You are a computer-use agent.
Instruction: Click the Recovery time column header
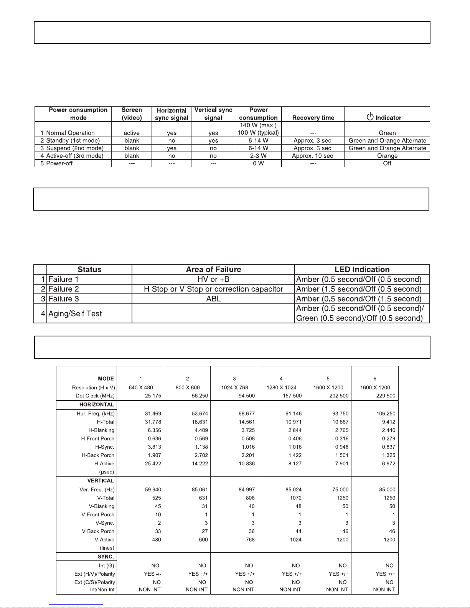pos(313,118)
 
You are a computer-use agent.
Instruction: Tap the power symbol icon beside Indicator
pos(370,117)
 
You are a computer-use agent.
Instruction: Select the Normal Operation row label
pos(70,133)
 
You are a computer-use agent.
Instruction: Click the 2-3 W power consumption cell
pos(258,156)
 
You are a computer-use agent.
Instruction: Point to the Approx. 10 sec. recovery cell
pos(313,156)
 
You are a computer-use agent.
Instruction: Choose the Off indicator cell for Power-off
pos(387,163)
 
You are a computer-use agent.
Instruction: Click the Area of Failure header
pos(213,270)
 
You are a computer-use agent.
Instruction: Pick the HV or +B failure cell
pos(213,279)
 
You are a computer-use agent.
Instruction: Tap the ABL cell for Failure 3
pos(213,299)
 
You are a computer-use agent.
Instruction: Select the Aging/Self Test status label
pos(75,314)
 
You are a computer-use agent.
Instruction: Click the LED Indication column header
pos(362,270)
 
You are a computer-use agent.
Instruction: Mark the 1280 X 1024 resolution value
pos(281,388)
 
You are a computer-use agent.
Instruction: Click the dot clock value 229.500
pos(386,396)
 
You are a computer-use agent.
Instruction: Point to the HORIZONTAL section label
pos(97,405)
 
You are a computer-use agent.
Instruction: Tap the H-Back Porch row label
pos(98,455)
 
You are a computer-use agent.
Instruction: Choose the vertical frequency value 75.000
pos(340,490)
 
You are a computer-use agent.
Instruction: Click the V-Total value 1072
pos(295,498)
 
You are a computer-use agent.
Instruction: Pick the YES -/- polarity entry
pos(152,574)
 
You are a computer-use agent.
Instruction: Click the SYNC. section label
pos(106,557)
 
